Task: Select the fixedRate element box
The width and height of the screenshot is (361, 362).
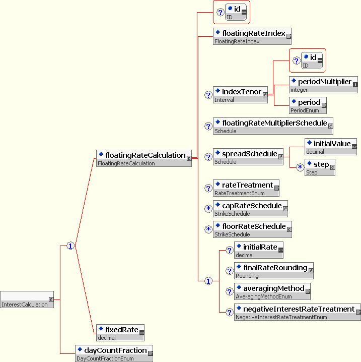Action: [120, 333]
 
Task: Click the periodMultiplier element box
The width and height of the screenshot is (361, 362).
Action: [323, 85]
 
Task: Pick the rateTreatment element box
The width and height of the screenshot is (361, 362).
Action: [246, 188]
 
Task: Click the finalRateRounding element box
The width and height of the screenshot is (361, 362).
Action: [274, 271]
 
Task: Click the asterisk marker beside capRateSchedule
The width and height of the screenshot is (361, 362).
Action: [208, 209]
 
